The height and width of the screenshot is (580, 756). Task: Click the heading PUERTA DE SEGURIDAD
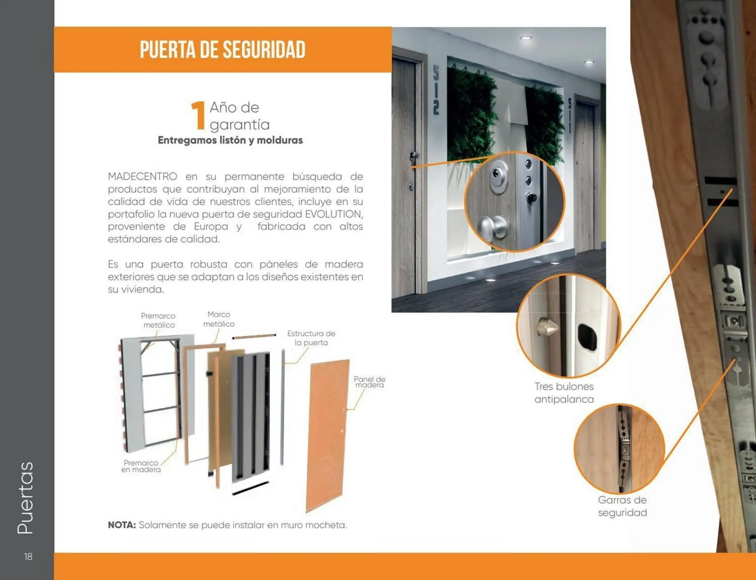coord(222,50)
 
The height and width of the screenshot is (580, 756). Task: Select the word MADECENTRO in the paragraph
coord(142,176)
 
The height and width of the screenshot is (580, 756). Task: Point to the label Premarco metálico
coord(158,320)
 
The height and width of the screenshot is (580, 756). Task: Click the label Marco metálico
coord(219,319)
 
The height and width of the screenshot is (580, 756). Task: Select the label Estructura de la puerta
coord(311,338)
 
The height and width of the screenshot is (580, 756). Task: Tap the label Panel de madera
coord(369,382)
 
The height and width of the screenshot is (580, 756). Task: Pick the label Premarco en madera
coord(141,466)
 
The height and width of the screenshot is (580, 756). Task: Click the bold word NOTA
coord(122,525)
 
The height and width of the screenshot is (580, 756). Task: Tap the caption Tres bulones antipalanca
coord(564,393)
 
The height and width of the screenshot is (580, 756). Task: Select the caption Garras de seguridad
coord(622,506)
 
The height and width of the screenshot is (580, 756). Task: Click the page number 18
coord(28,556)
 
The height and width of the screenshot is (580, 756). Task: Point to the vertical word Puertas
coord(26,498)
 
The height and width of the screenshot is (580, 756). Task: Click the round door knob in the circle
coord(492,227)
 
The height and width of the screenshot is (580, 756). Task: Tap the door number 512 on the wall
coord(436,90)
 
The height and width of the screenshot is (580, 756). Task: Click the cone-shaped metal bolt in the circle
coord(547,326)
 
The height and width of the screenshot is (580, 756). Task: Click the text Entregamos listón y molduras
coord(230,140)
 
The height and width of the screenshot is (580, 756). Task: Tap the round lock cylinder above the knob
coord(498,175)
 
